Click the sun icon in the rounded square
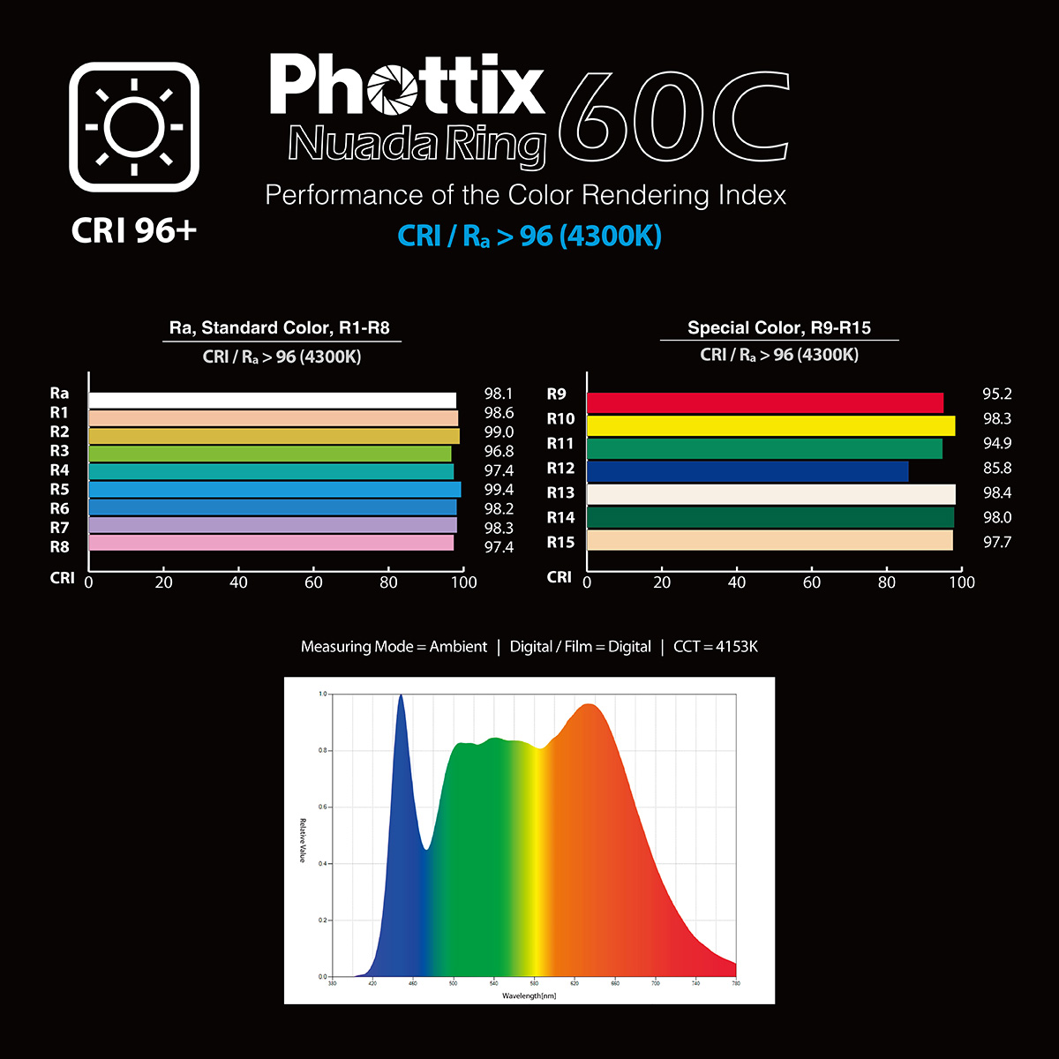[x=134, y=127]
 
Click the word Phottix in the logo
[x=407, y=86]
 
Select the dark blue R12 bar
[x=747, y=471]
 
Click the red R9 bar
[x=765, y=403]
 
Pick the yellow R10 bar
[x=770, y=426]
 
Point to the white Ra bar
[x=273, y=400]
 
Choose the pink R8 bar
[x=271, y=543]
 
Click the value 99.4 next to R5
[x=499, y=490]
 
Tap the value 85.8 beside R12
[x=997, y=469]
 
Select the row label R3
[x=59, y=451]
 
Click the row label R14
[x=560, y=518]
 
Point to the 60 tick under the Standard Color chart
[x=313, y=582]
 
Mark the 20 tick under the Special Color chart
[x=662, y=582]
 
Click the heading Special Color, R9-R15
[x=779, y=328]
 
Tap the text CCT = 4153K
[x=715, y=647]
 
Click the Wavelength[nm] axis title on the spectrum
[x=529, y=995]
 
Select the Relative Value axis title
[x=302, y=840]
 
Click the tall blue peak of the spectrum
[x=401, y=706]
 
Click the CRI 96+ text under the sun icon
[x=134, y=230]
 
